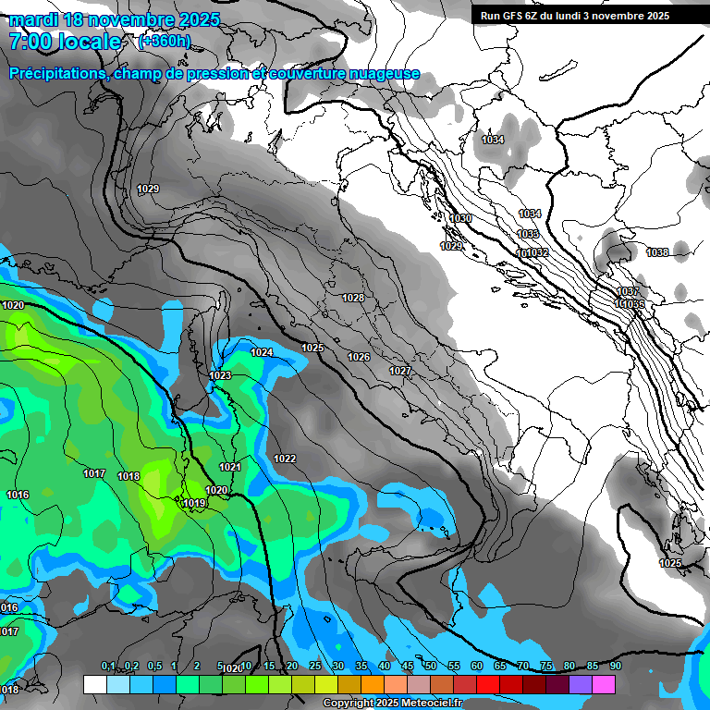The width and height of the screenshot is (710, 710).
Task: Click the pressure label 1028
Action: [352, 298]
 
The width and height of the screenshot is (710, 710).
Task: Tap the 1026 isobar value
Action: [359, 357]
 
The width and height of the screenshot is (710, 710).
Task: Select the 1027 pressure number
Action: [399, 371]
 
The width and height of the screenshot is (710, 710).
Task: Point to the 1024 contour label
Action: [262, 352]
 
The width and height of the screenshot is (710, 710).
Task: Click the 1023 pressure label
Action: [220, 375]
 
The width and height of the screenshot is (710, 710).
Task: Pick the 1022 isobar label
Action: [285, 459]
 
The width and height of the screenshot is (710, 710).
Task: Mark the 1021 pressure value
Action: [230, 467]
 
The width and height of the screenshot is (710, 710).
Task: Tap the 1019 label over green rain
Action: [194, 503]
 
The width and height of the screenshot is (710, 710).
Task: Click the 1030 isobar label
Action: [460, 218]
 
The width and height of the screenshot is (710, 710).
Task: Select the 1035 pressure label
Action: [528, 234]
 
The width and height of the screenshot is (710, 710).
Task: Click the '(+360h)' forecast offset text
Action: [164, 42]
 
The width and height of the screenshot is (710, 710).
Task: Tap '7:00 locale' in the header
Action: [65, 42]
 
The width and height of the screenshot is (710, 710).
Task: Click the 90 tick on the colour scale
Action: [615, 667]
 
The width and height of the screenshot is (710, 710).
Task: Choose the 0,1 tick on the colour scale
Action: [107, 667]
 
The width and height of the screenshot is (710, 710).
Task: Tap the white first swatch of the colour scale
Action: [94, 684]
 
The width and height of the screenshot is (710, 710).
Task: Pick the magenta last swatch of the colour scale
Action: [604, 684]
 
